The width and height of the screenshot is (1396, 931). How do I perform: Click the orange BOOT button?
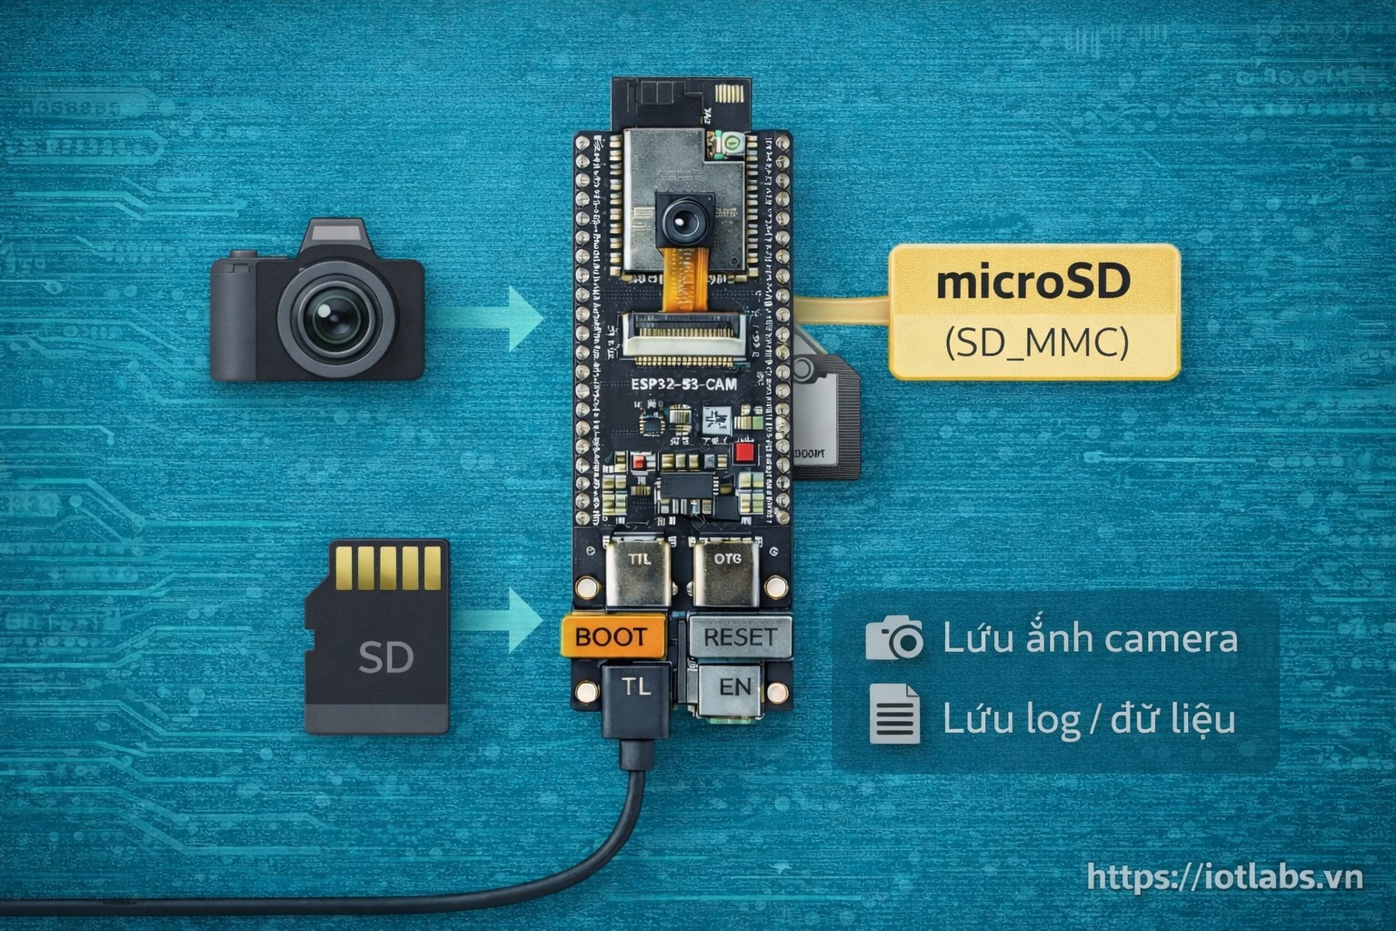point(612,636)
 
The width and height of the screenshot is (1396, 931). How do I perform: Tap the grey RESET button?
point(740,636)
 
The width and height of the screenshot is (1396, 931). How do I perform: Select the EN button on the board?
point(734,688)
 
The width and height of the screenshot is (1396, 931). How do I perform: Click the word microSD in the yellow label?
point(1033,281)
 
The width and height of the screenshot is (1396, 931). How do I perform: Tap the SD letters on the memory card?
point(385,656)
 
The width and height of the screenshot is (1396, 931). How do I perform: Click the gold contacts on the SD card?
point(389,567)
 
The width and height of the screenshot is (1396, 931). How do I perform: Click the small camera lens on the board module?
point(681,219)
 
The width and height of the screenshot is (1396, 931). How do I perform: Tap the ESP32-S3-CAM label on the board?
point(683,385)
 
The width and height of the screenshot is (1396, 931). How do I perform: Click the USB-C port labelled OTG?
point(727,570)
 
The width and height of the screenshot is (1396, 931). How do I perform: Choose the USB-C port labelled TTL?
point(639,570)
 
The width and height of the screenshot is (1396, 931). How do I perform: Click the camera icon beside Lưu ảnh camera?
point(893,638)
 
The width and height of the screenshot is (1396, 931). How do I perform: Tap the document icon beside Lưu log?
point(894,715)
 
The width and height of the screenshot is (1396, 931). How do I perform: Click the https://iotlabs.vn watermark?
point(1225,877)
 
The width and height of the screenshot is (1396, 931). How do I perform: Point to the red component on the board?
point(745,452)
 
